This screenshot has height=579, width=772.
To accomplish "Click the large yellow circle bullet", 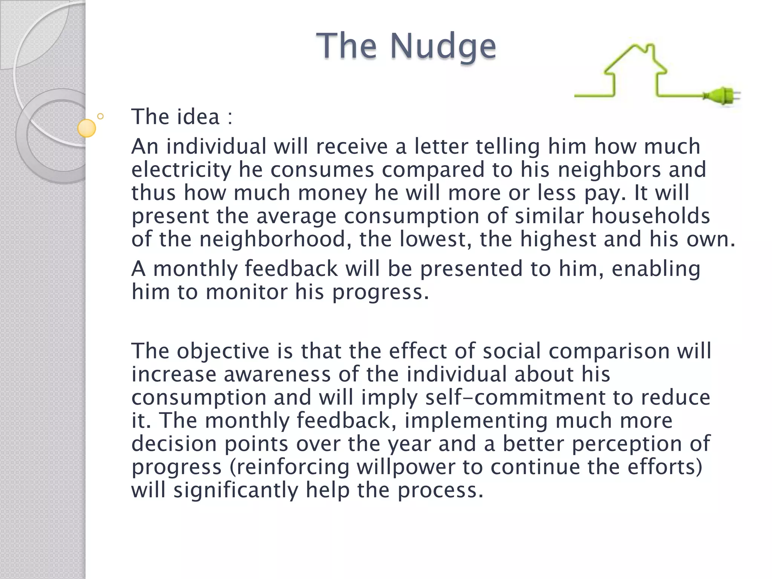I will [x=87, y=128].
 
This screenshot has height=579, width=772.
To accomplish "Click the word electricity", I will [x=181, y=170].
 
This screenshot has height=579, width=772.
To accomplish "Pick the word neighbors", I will [x=610, y=170].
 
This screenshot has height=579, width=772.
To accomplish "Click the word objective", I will [x=223, y=351].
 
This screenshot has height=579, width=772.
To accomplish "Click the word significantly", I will [x=236, y=490].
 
